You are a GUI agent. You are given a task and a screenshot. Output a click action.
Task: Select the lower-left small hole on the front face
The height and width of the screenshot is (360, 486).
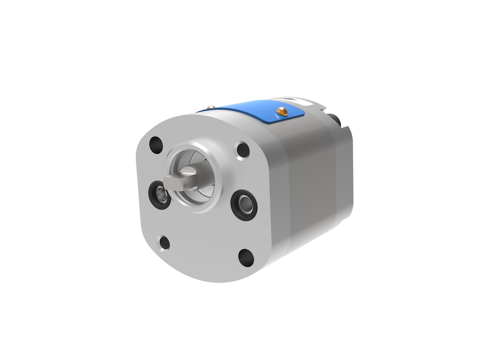pyautogui.click(x=164, y=243)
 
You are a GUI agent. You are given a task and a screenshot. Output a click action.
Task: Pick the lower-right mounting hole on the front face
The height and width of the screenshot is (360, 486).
pyautogui.click(x=246, y=257)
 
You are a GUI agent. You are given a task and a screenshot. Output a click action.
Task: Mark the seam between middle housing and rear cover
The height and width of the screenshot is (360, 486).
pyautogui.click(x=335, y=185)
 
